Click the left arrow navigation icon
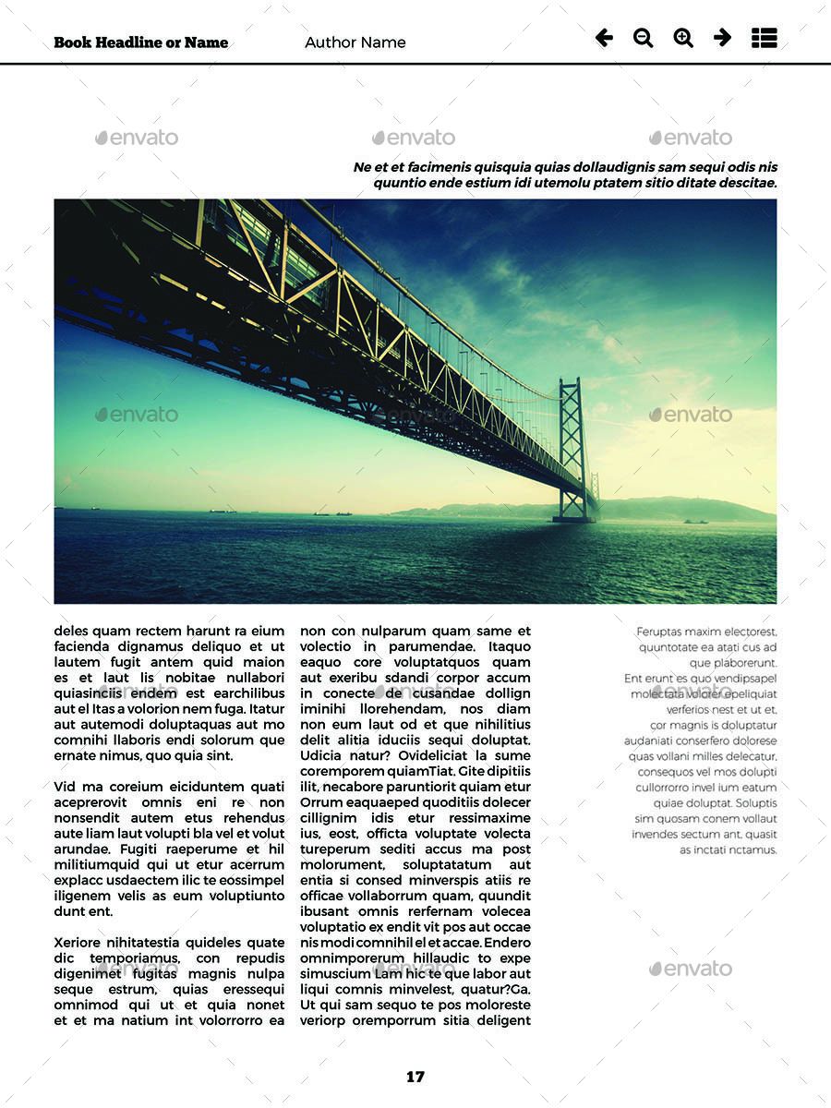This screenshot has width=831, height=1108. pyautogui.click(x=604, y=38)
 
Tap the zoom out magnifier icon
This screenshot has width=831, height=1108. pyautogui.click(x=643, y=38)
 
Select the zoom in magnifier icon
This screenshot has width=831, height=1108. pyautogui.click(x=683, y=38)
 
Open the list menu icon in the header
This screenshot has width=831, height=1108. pyautogui.click(x=764, y=38)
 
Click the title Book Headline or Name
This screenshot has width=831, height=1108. pyautogui.click(x=140, y=42)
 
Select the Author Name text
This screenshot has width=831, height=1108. pyautogui.click(x=355, y=42)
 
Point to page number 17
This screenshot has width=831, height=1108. pyautogui.click(x=415, y=1077)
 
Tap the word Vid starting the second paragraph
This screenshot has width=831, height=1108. pyautogui.click(x=65, y=787)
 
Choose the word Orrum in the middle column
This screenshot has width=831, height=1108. pyautogui.click(x=321, y=802)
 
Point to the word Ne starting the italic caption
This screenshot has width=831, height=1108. pyautogui.click(x=362, y=167)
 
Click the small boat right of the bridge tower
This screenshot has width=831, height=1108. pyautogui.click(x=695, y=522)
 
